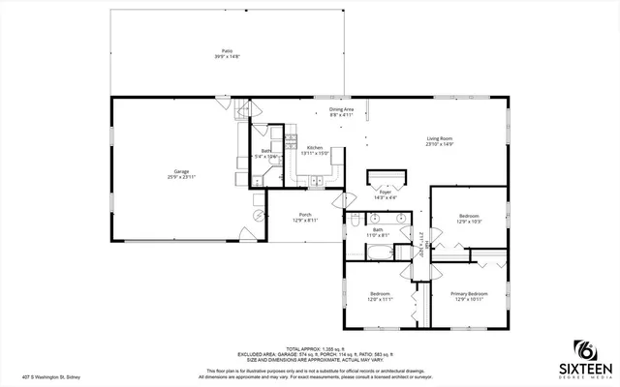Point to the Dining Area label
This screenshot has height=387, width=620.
(341, 108)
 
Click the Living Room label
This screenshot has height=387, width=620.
(440, 138)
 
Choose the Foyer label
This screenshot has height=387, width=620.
(386, 193)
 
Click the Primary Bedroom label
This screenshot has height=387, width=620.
(469, 292)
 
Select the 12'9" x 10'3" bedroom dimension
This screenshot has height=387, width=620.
(469, 221)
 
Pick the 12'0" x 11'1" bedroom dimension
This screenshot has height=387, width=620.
(379, 299)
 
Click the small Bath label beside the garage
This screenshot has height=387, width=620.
(265, 151)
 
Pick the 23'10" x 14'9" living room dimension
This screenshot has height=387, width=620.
(440, 144)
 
